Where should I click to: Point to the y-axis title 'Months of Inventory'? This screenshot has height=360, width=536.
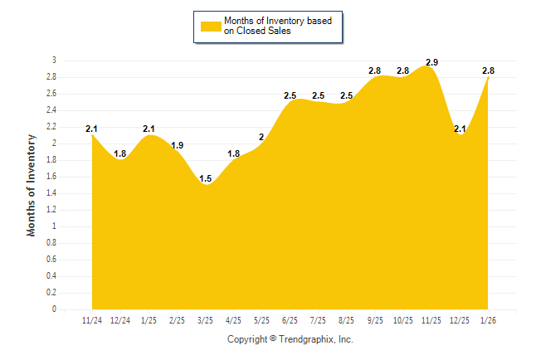click(32, 185)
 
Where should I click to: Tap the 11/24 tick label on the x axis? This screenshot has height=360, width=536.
click(91, 320)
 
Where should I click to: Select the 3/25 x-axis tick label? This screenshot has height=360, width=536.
click(205, 320)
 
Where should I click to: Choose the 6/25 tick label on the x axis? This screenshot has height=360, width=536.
click(290, 320)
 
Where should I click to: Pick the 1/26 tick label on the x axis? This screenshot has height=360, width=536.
click(489, 320)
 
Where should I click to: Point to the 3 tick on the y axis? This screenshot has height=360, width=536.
click(54, 61)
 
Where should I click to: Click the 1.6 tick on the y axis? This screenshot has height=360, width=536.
click(51, 177)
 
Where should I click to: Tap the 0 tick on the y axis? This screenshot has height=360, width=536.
click(54, 309)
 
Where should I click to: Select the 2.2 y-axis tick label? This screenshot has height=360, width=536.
click(51, 127)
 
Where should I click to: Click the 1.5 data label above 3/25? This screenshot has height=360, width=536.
click(205, 178)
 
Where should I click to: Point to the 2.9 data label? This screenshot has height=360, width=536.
click(431, 62)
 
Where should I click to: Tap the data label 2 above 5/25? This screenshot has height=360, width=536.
click(261, 137)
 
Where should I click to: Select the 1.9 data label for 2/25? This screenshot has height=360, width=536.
click(177, 145)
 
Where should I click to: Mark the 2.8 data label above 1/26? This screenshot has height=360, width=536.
click(489, 71)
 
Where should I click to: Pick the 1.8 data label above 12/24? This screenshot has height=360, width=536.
click(120, 153)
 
